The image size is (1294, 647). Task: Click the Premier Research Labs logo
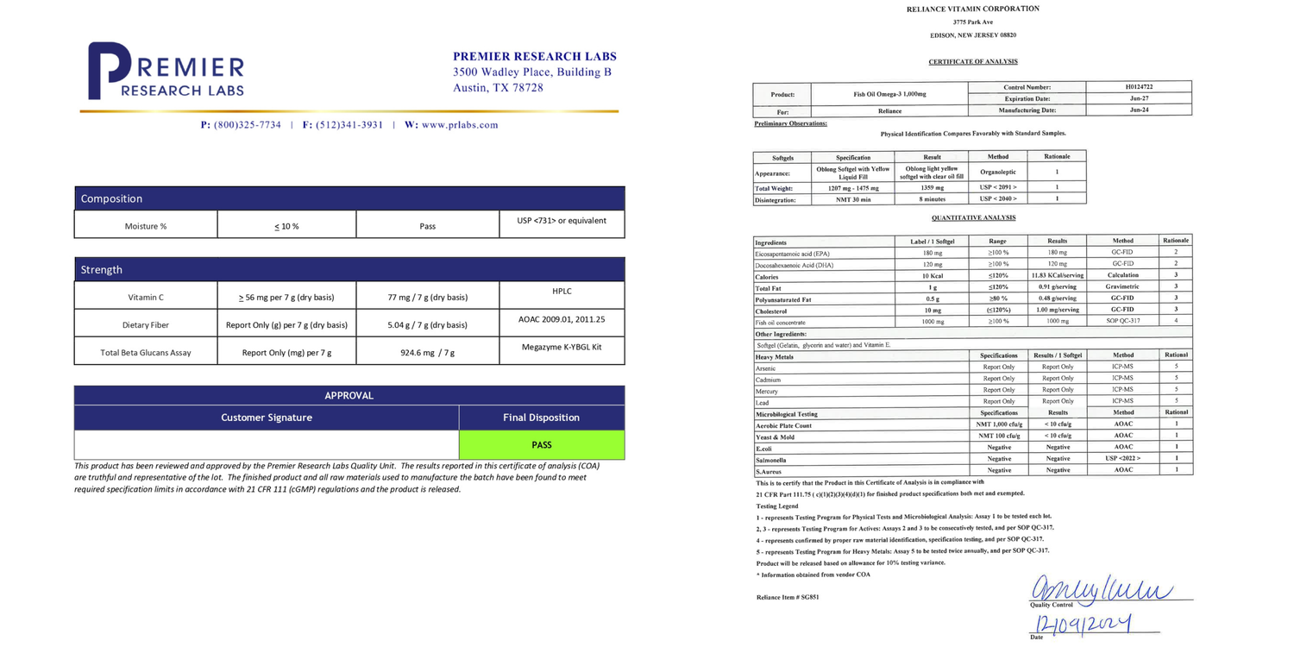(166, 70)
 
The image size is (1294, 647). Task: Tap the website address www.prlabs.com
(460, 125)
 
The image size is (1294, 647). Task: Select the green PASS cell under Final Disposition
(542, 445)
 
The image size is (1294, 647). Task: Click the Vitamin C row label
(146, 298)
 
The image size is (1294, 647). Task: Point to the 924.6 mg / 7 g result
(427, 353)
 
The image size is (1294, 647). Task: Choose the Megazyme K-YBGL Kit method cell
(562, 347)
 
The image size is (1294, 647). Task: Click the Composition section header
(112, 199)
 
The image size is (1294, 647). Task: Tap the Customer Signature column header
(267, 418)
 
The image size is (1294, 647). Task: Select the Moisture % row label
(146, 226)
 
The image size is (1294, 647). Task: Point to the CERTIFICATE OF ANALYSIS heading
(972, 62)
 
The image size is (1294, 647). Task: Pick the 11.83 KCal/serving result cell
(1057, 275)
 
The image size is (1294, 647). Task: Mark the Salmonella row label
(771, 459)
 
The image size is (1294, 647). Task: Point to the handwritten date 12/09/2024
(1082, 624)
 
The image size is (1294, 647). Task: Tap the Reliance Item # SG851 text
(788, 597)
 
